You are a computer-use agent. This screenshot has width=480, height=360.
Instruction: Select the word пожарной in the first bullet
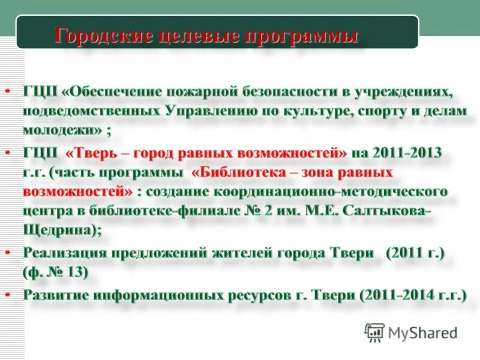pos(207,91)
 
